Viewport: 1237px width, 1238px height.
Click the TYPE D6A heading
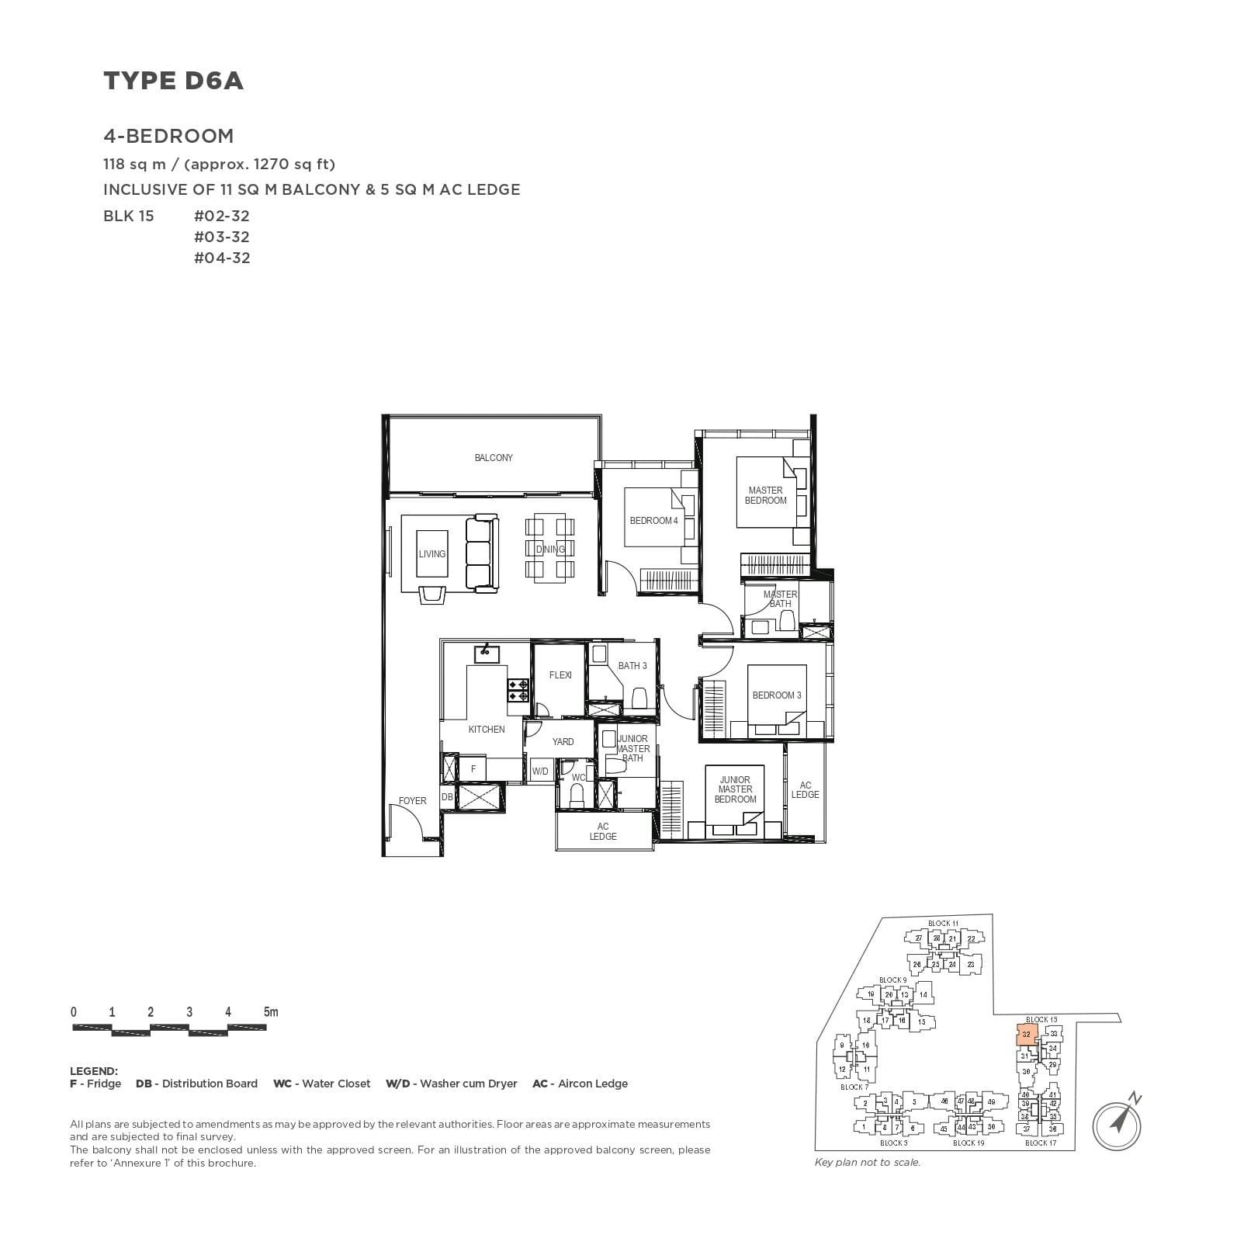tap(173, 81)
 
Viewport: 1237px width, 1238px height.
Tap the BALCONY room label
tap(494, 458)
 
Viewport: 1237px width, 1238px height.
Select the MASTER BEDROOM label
tap(765, 495)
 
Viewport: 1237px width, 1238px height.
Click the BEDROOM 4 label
tap(653, 521)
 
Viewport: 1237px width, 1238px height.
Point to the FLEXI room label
tap(560, 675)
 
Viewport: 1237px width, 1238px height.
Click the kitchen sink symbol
tap(487, 652)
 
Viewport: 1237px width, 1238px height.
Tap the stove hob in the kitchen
tap(518, 691)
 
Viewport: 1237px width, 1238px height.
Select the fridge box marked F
tap(473, 769)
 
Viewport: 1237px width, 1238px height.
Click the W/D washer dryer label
tap(540, 772)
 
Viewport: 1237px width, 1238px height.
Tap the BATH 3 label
tap(632, 666)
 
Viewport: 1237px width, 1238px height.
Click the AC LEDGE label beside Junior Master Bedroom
tap(805, 790)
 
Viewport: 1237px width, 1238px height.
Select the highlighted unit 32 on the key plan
tap(1027, 1035)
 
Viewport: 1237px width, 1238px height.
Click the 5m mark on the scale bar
tap(270, 1012)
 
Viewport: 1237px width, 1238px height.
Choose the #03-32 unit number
tap(222, 237)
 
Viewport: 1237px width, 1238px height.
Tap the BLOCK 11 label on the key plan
tap(943, 924)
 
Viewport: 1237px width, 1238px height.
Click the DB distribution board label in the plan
tap(447, 797)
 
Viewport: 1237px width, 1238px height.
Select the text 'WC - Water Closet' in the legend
tap(321, 1084)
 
